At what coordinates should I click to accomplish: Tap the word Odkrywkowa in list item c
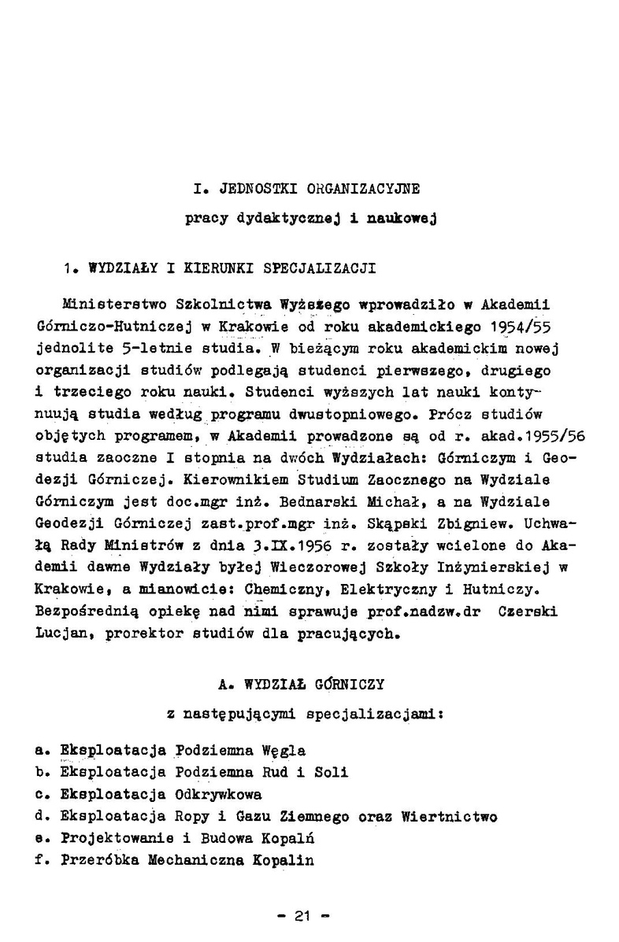[220, 795]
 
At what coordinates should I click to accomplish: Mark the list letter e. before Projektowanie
[44, 839]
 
